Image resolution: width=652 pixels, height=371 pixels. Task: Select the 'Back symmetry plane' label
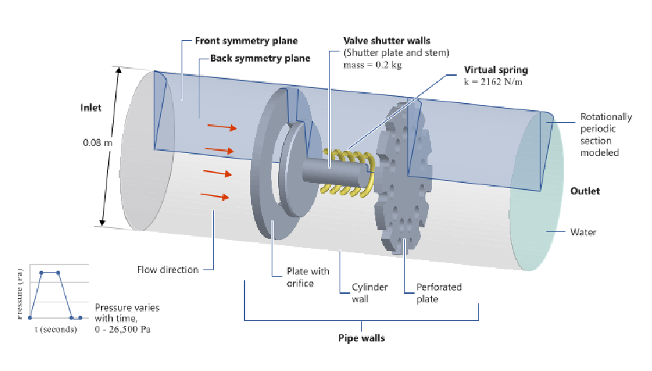pyautogui.click(x=260, y=58)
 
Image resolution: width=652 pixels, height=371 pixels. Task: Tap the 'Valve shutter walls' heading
pyautogui.click(x=387, y=41)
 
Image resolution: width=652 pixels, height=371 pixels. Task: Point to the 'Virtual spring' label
pyautogui.click(x=495, y=70)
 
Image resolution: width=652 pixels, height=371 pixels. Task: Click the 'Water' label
pyautogui.click(x=583, y=232)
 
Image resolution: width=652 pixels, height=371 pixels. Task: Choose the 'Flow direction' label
pyautogui.click(x=167, y=269)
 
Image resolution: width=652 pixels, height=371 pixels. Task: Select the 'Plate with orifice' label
pyautogui.click(x=307, y=276)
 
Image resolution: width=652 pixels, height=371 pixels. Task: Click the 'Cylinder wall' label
pyautogui.click(x=370, y=293)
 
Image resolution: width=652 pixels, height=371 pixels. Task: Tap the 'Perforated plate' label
pyautogui.click(x=439, y=293)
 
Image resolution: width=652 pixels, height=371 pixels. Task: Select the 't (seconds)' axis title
pyautogui.click(x=56, y=330)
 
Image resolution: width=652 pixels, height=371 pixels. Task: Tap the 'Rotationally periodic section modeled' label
pyautogui.click(x=606, y=134)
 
